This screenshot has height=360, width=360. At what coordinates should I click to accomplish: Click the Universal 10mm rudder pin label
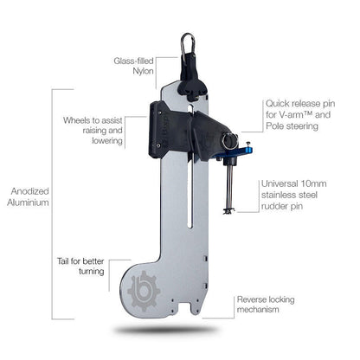(293, 196)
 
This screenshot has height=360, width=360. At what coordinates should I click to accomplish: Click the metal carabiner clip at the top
(187, 42)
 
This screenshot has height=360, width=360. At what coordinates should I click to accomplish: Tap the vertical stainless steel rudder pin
(229, 186)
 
